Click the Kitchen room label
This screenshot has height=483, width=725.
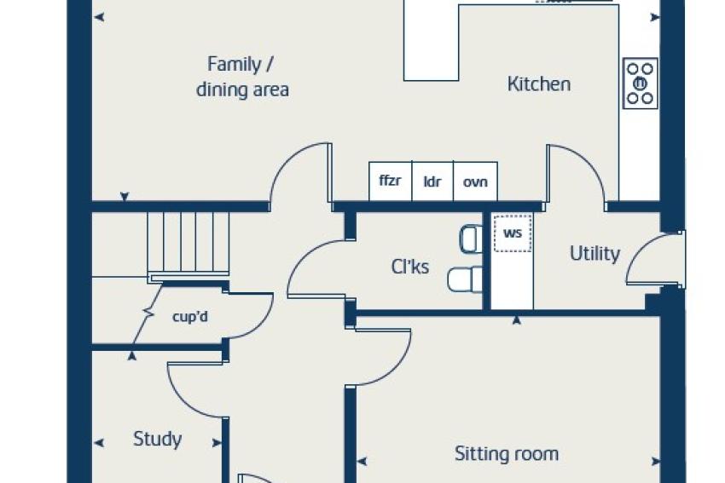[539, 84]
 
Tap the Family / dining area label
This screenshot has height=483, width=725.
[242, 77]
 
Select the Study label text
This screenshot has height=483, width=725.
[157, 440]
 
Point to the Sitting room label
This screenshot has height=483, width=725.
[507, 454]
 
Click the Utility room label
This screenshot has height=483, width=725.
[594, 254]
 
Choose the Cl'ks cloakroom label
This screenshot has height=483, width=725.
[409, 267]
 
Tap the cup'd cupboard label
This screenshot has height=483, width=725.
[190, 317]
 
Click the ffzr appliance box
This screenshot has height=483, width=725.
[391, 181]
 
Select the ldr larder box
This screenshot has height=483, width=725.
[432, 181]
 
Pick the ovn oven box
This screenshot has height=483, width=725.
[475, 181]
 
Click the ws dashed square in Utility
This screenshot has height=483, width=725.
[513, 233]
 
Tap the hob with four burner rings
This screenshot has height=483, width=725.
[641, 83]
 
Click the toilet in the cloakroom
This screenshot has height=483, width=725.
[465, 279]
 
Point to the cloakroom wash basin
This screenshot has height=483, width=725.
[471, 239]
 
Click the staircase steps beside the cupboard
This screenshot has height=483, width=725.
[188, 244]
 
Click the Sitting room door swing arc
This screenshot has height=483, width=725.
[398, 365]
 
